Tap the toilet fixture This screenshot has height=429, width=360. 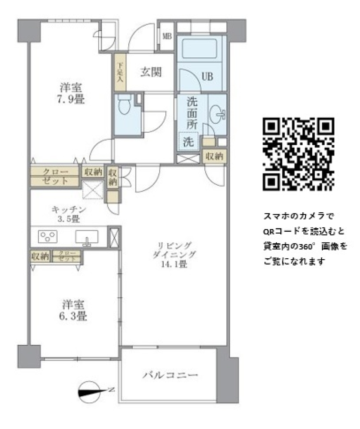pyautogui.click(x=123, y=106)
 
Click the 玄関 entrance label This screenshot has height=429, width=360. pyautogui.click(x=151, y=72)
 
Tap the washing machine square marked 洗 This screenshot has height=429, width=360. pyautogui.click(x=188, y=142)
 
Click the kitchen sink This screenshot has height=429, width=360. pyautogui.click(x=87, y=237)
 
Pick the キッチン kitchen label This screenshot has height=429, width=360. pyautogui.click(x=69, y=210)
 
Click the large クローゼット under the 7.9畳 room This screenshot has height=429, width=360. pyautogui.click(x=55, y=177)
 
